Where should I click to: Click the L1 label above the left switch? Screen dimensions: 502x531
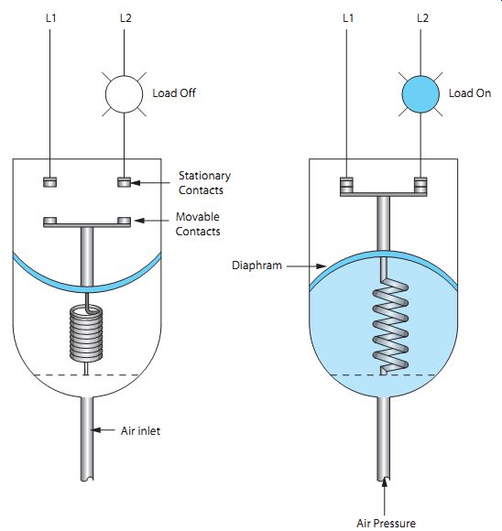click(x=51, y=18)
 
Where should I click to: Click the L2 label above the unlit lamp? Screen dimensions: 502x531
click(x=125, y=18)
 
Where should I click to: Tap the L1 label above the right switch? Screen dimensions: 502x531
click(x=348, y=18)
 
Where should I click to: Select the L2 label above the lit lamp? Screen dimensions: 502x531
click(x=422, y=18)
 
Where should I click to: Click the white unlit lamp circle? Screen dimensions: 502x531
click(x=124, y=94)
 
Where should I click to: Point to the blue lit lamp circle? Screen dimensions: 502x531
click(x=420, y=94)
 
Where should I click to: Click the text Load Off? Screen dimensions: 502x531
click(x=174, y=93)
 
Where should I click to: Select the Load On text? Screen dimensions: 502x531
click(x=470, y=93)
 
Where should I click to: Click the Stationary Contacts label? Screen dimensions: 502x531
click(x=204, y=183)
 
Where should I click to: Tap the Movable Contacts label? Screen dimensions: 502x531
click(x=198, y=224)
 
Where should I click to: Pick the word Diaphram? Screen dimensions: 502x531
click(x=256, y=265)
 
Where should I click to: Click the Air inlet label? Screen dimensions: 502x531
click(x=140, y=431)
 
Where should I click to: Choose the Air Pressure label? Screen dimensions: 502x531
click(x=386, y=523)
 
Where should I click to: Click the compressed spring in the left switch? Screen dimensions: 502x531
click(x=86, y=332)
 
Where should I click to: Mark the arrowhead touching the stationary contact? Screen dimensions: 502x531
click(x=136, y=183)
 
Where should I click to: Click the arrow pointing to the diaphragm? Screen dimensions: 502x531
click(x=306, y=266)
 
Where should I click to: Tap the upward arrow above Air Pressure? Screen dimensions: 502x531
click(x=384, y=496)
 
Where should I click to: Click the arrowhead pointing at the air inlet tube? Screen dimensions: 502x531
click(x=96, y=430)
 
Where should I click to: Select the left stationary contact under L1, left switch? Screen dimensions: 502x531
click(x=50, y=182)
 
